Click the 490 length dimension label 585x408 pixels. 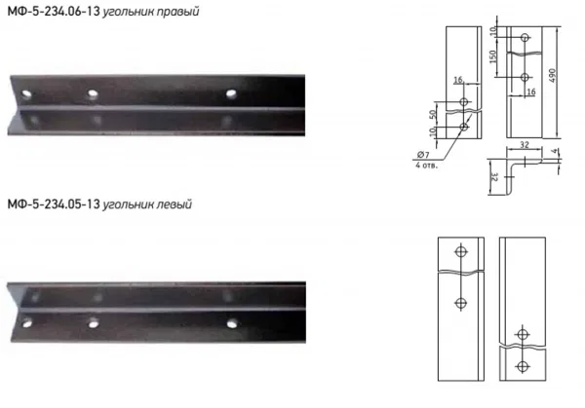(553, 76)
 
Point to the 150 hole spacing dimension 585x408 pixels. (492, 56)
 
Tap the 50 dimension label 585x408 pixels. (433, 114)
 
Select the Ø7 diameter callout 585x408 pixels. (423, 155)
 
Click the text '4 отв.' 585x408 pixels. (426, 165)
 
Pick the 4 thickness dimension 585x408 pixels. (555, 151)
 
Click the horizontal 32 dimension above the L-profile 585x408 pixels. (525, 144)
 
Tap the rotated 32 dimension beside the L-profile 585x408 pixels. (493, 177)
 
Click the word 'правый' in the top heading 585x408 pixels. (177, 12)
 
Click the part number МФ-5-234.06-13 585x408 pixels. (54, 11)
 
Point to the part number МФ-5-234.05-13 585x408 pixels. (54, 204)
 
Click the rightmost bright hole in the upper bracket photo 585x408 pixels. (231, 93)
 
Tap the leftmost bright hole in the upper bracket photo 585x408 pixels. (26, 93)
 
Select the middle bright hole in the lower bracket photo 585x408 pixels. (94, 323)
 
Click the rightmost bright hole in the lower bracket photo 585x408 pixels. (232, 323)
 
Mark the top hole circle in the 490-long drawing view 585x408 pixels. (525, 37)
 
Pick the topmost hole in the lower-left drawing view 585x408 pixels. (461, 251)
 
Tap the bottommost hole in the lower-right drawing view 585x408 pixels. (523, 367)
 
